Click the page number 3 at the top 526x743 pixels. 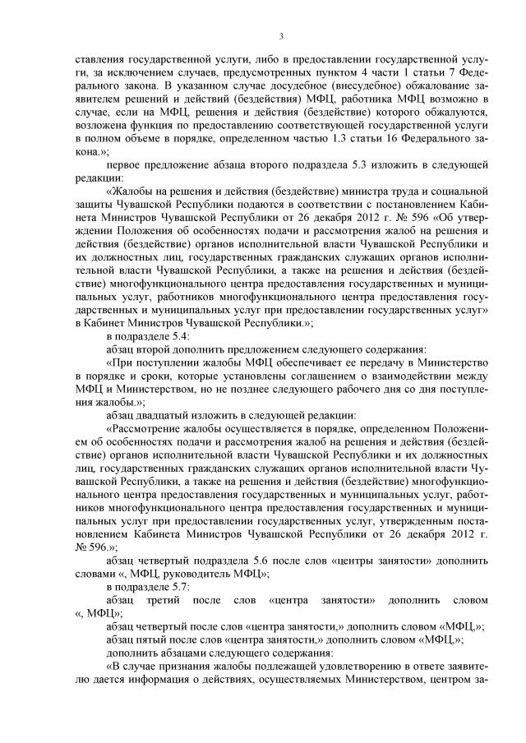(281, 35)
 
